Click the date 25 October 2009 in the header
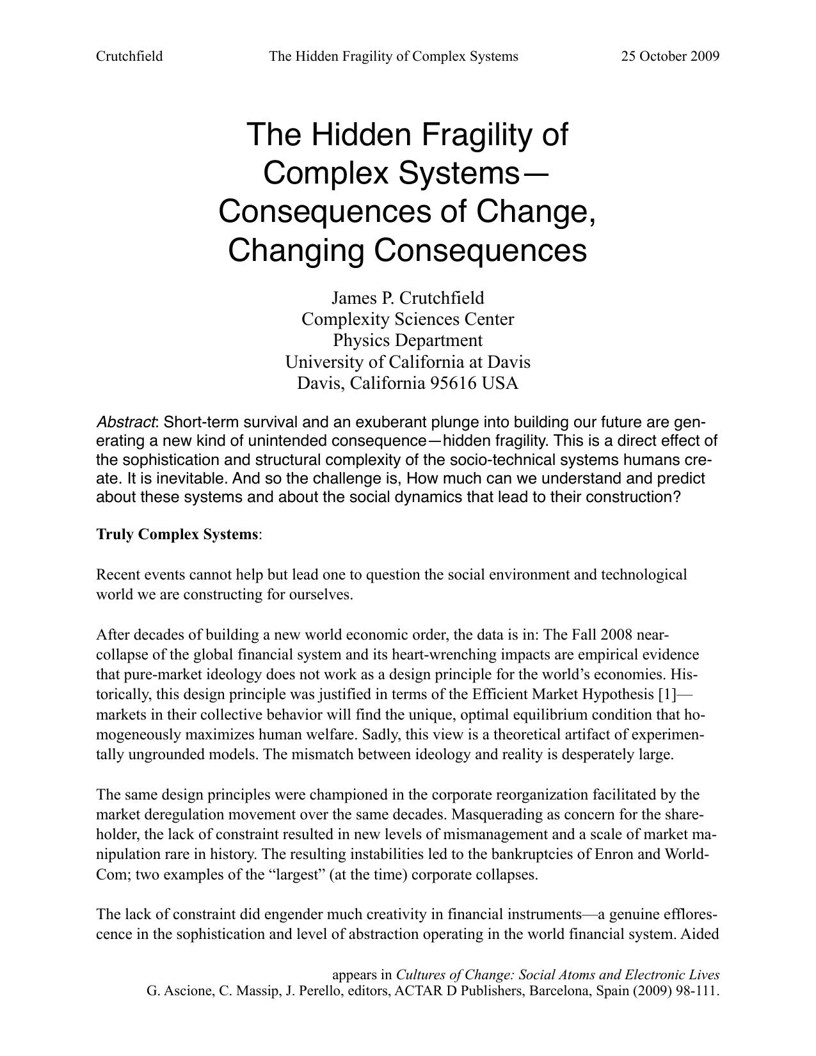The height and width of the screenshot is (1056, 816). tap(670, 56)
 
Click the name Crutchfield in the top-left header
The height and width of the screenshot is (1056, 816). tap(129, 56)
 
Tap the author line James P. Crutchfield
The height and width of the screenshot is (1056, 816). tap(408, 298)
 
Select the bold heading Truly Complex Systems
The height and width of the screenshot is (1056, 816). tap(177, 534)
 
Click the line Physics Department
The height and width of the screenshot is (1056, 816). tap(408, 340)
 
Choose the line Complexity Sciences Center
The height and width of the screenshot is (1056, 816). tap(408, 319)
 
